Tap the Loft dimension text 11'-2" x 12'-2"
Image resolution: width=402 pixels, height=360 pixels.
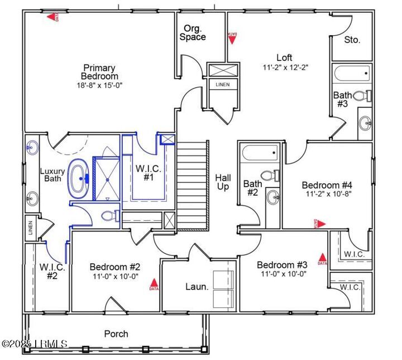[285, 67]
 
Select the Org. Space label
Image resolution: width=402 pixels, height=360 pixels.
[193, 33]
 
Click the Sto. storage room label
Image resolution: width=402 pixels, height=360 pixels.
[352, 40]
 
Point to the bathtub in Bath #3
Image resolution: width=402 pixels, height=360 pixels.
[351, 73]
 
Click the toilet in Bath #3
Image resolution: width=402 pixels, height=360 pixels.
[361, 96]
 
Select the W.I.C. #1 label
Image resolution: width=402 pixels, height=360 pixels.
[149, 172]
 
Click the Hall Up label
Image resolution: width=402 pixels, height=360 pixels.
[222, 182]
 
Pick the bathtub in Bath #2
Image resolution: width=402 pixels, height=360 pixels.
[259, 153]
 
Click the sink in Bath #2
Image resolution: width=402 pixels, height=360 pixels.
[273, 196]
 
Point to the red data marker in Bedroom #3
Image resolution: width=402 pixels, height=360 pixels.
[323, 259]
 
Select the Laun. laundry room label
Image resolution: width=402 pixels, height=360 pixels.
[197, 287]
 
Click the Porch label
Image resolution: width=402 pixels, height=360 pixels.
[116, 334]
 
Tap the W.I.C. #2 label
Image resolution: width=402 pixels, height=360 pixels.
[52, 272]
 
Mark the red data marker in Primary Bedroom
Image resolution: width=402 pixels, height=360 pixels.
[52, 17]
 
